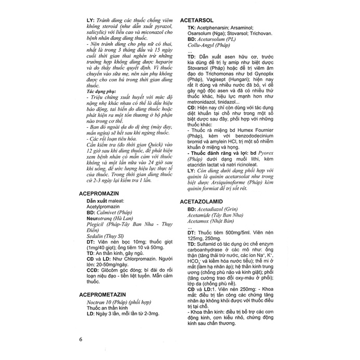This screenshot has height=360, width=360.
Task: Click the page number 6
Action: point(81,339)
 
